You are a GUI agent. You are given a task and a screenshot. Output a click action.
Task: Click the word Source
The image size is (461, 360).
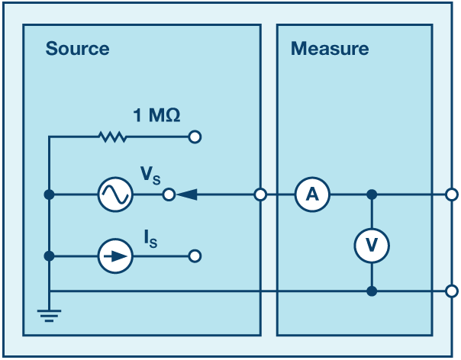coord(77,49)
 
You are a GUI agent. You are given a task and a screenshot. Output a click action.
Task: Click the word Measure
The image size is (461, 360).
coord(330,49)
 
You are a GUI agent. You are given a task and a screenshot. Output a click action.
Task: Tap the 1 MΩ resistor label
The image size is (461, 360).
coord(156,115)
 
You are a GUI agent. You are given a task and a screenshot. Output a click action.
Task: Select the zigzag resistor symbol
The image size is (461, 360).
coord(113,137)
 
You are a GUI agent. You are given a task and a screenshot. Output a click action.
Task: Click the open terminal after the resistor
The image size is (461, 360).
coord(195,137)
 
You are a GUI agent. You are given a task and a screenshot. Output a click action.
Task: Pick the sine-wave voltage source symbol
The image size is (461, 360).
coord(115,194)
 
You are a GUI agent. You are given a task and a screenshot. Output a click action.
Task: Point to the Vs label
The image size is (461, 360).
coord(150,175)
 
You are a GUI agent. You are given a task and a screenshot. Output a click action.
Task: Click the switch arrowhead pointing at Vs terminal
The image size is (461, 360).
coord(187,194)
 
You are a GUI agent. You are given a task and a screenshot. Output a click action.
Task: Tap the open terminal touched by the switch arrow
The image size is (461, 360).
coord(169,194)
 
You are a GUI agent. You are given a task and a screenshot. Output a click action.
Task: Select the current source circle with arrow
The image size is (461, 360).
coord(115,256)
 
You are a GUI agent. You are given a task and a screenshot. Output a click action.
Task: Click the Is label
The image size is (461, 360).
coord(150,239)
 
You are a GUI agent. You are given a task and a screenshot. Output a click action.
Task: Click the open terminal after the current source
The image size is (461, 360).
coord(195,256)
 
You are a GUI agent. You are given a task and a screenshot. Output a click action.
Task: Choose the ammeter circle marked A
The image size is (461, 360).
coord(312,194)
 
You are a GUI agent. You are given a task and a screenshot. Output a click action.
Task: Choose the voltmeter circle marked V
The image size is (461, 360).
coord(372,246)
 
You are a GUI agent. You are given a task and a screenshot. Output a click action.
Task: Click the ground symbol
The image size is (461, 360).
coord(49,315)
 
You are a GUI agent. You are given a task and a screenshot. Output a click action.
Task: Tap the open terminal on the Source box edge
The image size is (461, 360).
coord(260,194)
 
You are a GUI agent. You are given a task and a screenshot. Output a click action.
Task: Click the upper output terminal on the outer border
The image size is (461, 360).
coord(452,194)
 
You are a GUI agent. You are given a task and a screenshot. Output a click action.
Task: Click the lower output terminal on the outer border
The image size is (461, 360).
coord(452,291)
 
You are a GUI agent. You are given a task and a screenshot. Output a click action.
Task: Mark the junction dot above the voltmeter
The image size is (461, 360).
coord(372,194)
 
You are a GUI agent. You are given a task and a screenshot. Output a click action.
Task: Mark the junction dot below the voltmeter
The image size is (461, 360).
coord(372,291)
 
